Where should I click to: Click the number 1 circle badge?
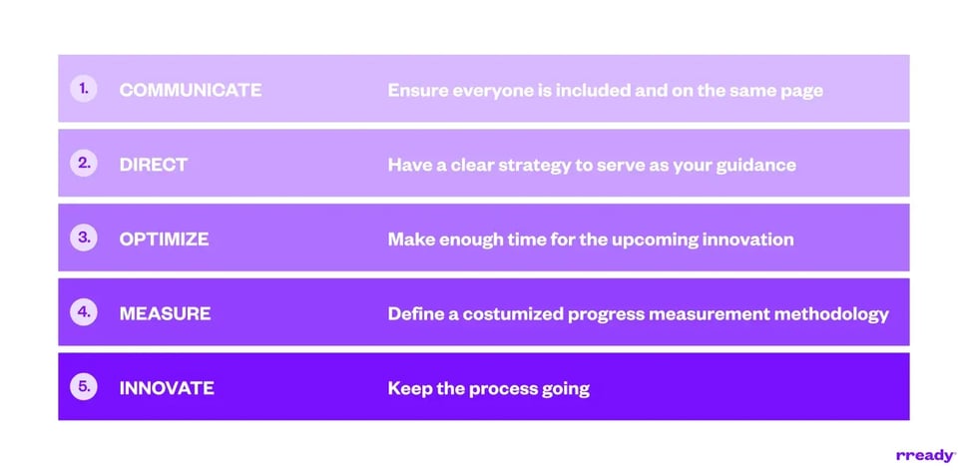click(84, 89)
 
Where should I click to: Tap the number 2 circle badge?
click(84, 164)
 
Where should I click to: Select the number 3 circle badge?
click(84, 238)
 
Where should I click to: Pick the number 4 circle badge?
click(84, 312)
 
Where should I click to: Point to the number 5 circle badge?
click(84, 387)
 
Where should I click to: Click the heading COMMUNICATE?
click(191, 90)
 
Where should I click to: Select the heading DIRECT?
click(153, 165)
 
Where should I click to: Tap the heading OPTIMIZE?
click(164, 239)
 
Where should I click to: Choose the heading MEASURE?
click(165, 313)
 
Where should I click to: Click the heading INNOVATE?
click(167, 388)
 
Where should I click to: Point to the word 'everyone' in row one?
click(484, 91)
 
